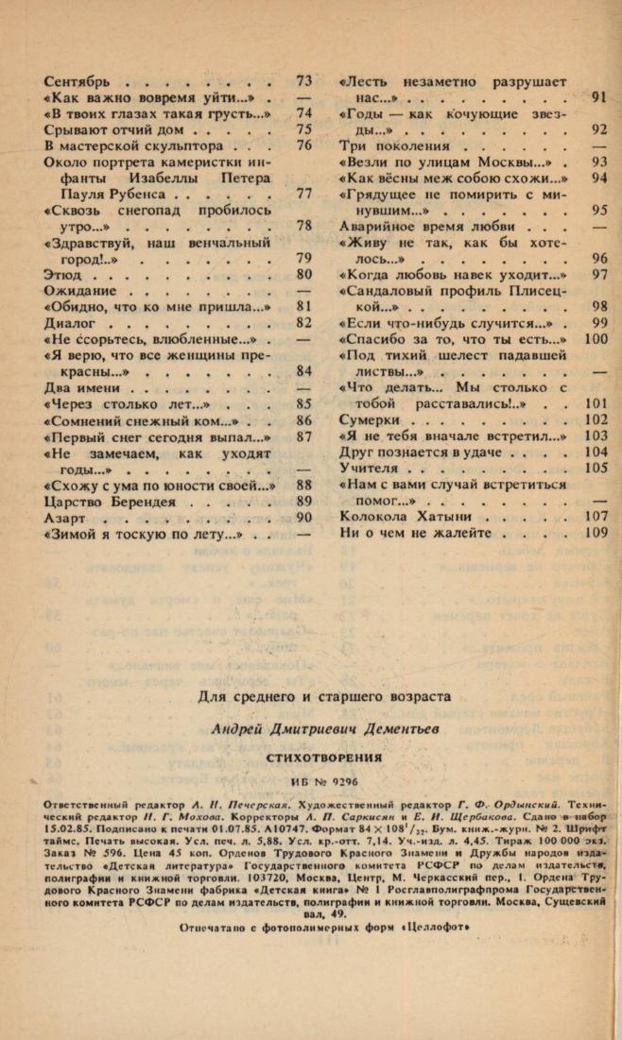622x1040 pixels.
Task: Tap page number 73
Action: pyautogui.click(x=303, y=80)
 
